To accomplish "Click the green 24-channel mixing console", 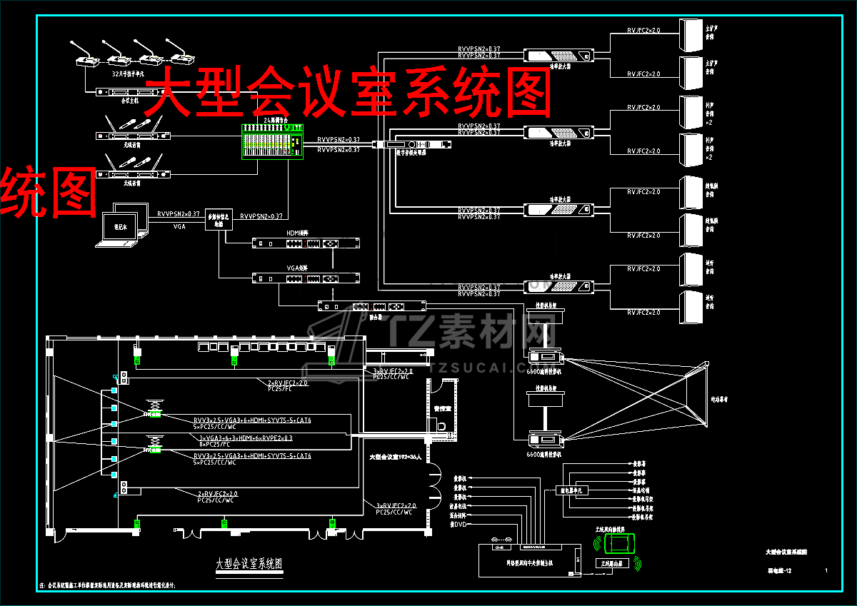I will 271,141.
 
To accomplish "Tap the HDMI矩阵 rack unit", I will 306,243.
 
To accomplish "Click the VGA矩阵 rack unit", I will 306,278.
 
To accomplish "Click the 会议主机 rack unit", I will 131,92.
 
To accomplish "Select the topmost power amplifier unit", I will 559,55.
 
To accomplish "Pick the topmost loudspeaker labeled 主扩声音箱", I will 692,34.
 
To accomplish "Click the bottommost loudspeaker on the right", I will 692,307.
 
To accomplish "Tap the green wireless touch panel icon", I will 618,545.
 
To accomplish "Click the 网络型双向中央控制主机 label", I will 526,562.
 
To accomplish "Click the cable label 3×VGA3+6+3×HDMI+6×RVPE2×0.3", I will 246,438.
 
